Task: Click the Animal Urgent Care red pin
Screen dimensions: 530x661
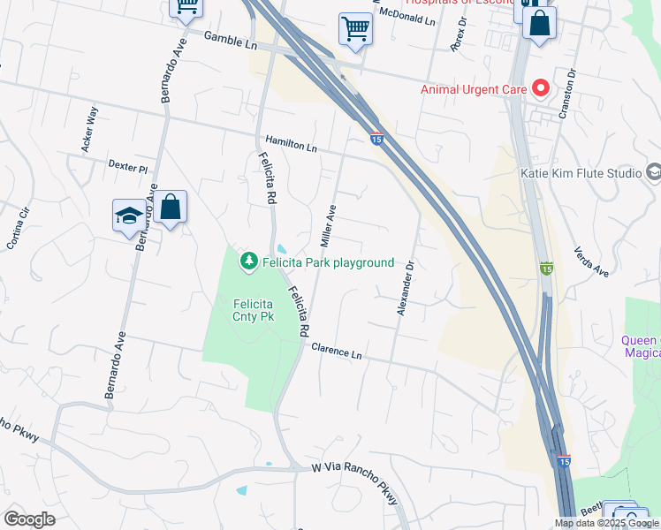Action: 541,88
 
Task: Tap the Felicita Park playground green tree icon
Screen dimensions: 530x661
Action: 249,261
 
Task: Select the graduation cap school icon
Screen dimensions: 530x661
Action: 129,216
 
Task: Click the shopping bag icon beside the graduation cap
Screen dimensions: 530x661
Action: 171,209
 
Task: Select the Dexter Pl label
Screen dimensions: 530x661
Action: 128,165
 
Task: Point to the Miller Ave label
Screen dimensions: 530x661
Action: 327,226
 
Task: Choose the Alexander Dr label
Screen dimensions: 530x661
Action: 404,288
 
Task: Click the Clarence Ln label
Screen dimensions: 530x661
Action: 337,351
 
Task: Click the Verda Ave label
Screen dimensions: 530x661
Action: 591,261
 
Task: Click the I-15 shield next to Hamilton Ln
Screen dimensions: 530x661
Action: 376,139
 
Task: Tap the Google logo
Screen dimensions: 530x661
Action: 29,519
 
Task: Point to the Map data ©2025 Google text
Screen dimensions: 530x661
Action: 606,523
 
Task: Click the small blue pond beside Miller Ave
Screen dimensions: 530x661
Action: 282,248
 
